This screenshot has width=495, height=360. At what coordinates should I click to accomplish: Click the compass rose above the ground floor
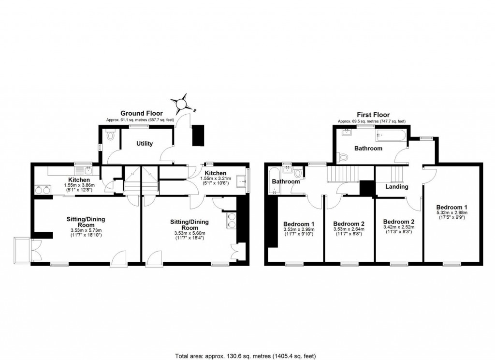click(182, 103)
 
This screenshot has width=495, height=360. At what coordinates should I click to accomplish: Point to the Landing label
click(397, 187)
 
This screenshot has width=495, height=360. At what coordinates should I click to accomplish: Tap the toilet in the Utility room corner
click(110, 135)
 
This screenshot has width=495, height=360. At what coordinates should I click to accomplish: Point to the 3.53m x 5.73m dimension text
click(86, 230)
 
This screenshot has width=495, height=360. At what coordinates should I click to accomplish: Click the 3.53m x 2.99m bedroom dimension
click(298, 230)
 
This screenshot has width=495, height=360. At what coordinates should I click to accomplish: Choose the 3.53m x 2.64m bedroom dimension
click(349, 230)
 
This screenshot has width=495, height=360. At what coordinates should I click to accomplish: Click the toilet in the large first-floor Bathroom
click(344, 157)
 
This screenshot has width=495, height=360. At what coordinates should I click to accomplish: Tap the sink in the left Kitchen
click(88, 170)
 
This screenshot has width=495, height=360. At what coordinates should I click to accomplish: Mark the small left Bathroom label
click(285, 182)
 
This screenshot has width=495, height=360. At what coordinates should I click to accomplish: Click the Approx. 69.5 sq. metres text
click(371, 121)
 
